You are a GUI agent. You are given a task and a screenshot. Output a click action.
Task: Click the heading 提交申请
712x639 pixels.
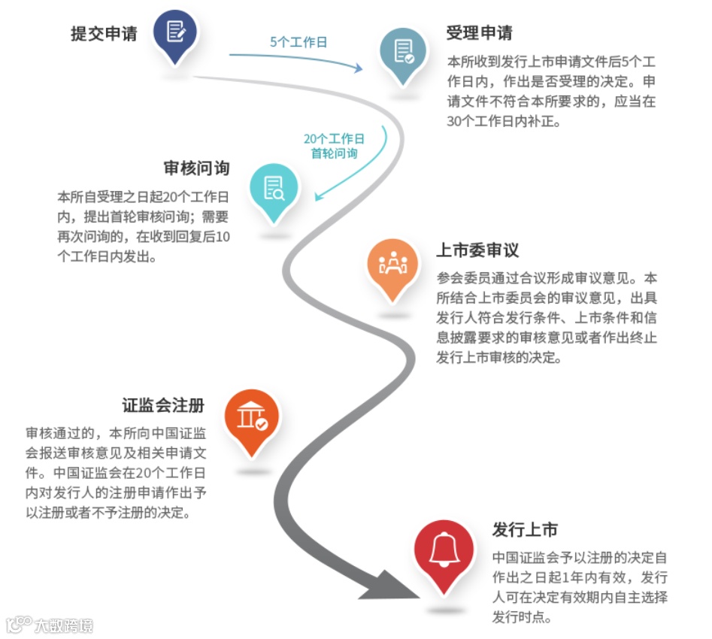pos(104,34)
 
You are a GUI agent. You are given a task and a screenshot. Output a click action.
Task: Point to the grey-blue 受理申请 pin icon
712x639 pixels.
pos(403,52)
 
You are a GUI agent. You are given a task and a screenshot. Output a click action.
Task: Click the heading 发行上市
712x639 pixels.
pos(525,529)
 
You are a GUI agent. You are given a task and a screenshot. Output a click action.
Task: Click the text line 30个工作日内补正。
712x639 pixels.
pos(504,121)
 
